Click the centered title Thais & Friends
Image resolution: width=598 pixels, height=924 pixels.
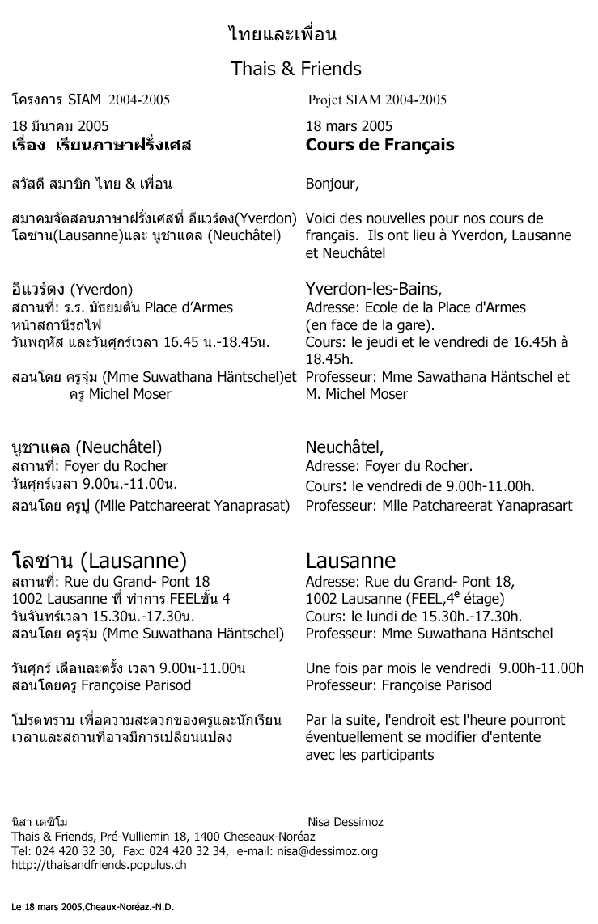click(x=296, y=69)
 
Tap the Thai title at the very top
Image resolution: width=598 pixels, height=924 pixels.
click(x=282, y=35)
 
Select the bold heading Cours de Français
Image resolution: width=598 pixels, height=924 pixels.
click(x=380, y=146)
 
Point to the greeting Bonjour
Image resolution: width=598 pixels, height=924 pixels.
click(x=332, y=184)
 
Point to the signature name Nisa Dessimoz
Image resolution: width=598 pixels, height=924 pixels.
click(x=346, y=822)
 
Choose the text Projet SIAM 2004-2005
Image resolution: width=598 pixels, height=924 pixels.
click(x=377, y=100)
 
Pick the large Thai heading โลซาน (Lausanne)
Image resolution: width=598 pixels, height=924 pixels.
click(x=101, y=560)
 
